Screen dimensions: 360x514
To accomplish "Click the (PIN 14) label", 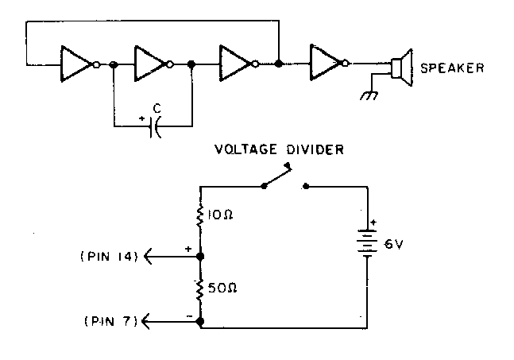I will click(x=110, y=256).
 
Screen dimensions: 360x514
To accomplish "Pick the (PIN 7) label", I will click(x=110, y=321).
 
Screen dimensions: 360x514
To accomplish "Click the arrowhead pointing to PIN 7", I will click(x=147, y=321).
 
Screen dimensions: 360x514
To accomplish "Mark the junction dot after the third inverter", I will click(x=279, y=61).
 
